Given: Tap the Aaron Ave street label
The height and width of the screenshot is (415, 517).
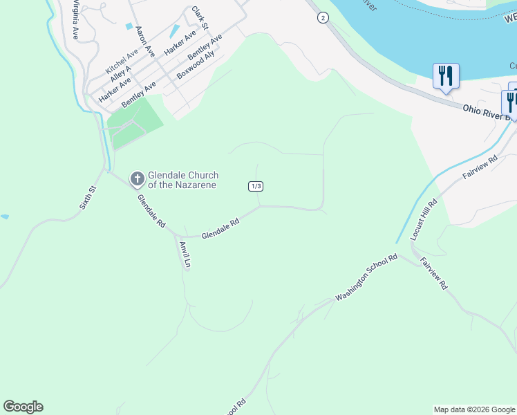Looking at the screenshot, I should [x=144, y=41].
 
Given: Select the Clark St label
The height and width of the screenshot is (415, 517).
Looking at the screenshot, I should [x=199, y=19].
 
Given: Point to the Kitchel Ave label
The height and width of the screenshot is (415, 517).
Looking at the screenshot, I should [x=122, y=61].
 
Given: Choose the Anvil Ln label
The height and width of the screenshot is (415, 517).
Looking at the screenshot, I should [x=185, y=255].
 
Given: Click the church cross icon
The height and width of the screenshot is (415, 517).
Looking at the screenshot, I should [x=137, y=180].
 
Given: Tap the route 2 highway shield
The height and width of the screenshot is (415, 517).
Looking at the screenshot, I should [x=323, y=18].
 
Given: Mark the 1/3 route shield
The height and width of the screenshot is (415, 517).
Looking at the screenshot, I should [x=256, y=186].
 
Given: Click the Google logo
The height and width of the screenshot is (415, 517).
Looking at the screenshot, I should [x=23, y=407].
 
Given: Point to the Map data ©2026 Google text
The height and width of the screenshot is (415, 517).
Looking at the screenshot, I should [x=474, y=409].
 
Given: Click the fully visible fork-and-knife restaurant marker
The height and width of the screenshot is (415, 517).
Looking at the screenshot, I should [x=446, y=77].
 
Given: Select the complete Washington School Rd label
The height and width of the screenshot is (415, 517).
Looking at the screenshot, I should [x=366, y=277].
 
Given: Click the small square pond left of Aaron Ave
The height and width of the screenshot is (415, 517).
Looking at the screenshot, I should [x=129, y=26].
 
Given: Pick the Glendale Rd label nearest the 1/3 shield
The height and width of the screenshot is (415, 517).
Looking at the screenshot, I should [x=220, y=230].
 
